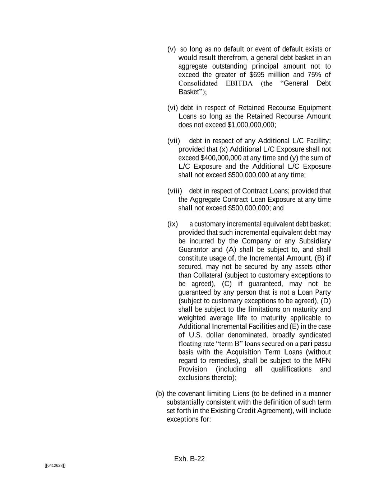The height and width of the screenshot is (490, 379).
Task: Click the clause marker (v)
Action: pos(172,49)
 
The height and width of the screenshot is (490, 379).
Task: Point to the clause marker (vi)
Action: pos(172,108)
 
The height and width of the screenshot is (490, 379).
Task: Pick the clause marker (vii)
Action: pos(174,141)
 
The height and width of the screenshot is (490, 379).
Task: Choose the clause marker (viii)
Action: pos(175,191)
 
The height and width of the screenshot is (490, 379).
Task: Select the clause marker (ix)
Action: pos(172,224)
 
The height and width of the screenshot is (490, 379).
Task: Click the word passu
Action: pos(323,344)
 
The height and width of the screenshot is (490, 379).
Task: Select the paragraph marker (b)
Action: pos(160,394)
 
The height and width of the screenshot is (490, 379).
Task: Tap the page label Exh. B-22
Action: pos(189,459)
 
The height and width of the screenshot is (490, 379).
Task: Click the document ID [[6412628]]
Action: pos(55,466)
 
